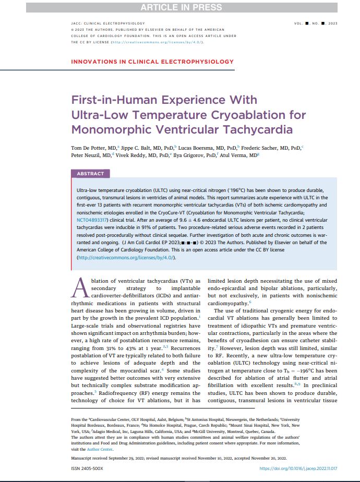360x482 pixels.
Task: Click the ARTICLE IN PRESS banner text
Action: (179, 7)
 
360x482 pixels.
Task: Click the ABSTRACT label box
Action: (90, 174)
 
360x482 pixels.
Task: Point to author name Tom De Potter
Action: (89, 148)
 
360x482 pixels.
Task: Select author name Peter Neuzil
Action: (89, 155)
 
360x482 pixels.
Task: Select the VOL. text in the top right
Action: (302, 23)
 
